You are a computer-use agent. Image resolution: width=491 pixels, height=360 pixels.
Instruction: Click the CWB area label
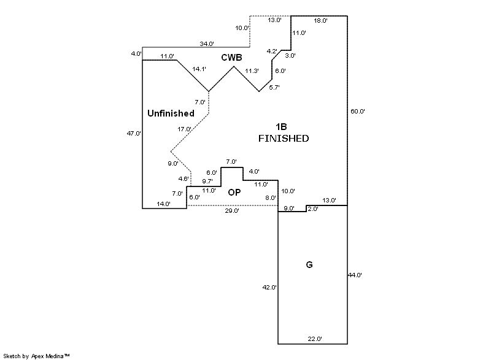tap(232, 58)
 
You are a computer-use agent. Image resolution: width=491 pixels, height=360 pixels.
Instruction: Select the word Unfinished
tap(171, 113)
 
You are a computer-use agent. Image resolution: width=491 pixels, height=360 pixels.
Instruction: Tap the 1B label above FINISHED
tap(283, 127)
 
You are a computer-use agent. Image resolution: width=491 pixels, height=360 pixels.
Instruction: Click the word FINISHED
tap(283, 139)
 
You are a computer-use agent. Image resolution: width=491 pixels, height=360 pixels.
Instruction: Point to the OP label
tap(234, 193)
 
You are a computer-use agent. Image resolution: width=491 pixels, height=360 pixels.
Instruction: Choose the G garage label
tap(309, 265)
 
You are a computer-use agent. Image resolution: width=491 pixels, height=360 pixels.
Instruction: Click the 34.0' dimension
tap(207, 44)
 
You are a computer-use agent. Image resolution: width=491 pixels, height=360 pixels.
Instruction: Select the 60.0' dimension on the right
tap(358, 112)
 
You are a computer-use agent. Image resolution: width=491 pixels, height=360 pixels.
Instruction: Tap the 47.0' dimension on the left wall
tap(134, 133)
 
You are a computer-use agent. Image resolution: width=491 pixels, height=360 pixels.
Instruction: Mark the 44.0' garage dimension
tap(355, 275)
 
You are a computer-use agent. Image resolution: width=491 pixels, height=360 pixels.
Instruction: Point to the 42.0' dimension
tap(270, 287)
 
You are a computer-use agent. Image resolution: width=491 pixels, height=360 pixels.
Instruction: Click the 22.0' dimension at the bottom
tap(315, 339)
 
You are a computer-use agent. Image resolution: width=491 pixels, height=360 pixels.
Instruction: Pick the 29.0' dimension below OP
tap(232, 210)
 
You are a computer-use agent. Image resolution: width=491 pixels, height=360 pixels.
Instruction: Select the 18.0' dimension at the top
tap(320, 20)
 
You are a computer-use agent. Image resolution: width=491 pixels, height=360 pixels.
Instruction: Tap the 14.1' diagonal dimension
tap(199, 69)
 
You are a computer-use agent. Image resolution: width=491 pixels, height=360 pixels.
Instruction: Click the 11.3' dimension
tap(252, 71)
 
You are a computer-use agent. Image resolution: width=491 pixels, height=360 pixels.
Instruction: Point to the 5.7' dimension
tap(274, 88)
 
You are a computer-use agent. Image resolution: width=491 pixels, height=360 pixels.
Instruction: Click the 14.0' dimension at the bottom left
tap(163, 204)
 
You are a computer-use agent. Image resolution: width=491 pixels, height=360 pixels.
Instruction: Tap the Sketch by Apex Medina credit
tap(37, 356)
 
